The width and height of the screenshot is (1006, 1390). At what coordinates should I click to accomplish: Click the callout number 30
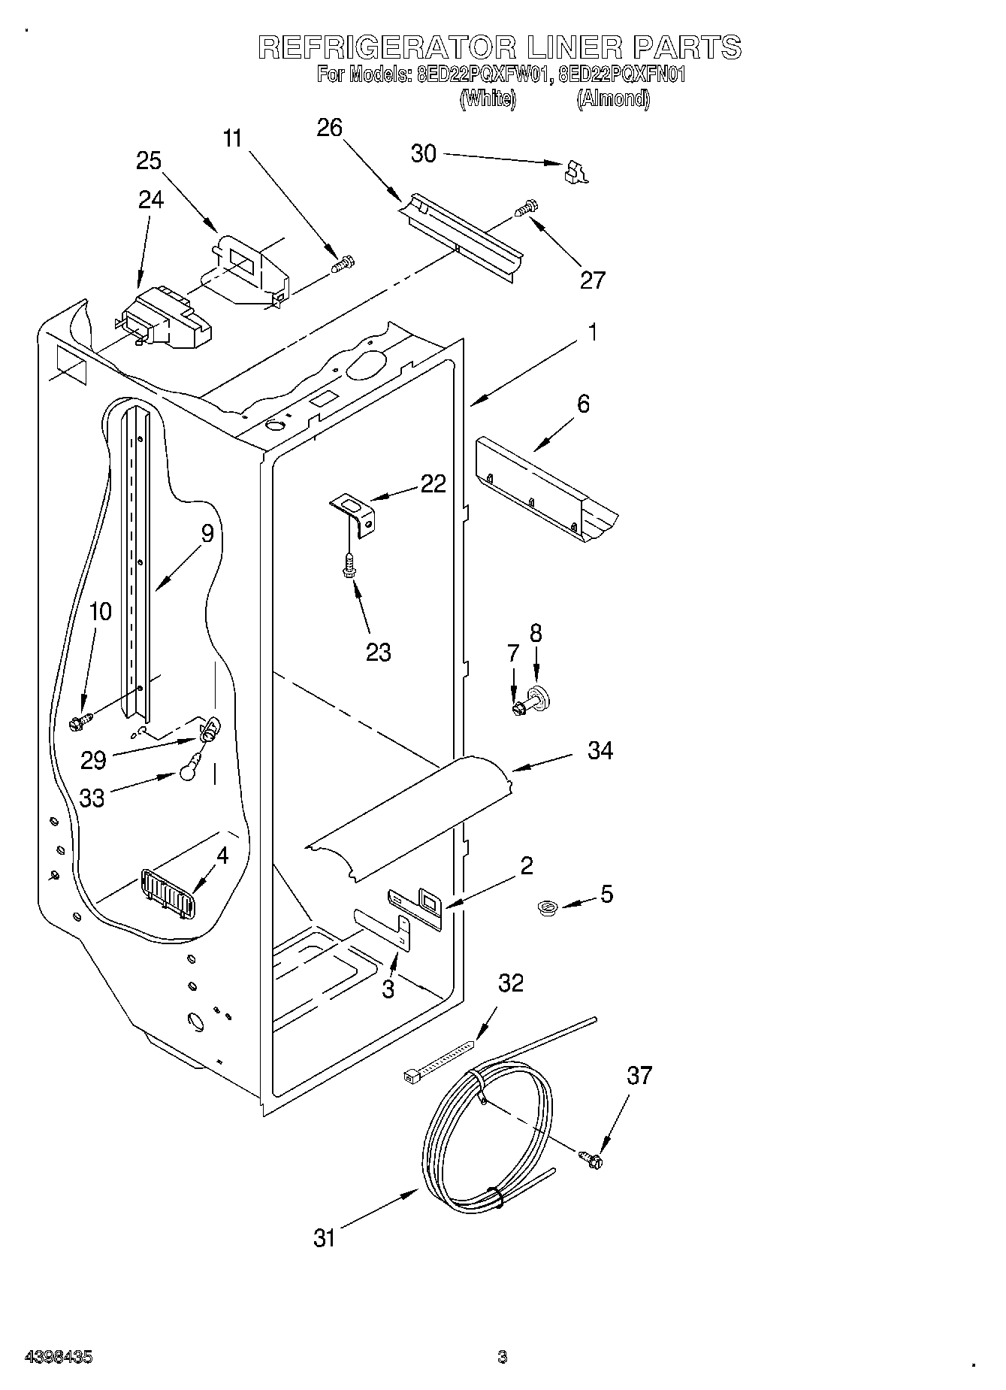tap(424, 153)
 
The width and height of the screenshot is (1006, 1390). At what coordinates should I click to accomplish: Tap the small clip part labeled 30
tap(576, 172)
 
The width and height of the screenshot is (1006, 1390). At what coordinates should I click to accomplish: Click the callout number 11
tap(234, 138)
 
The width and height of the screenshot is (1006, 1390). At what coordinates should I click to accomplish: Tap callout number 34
tap(600, 750)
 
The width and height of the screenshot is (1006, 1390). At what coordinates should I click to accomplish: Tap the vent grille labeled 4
tap(167, 892)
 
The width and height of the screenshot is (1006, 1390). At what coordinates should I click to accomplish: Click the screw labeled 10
tap(79, 722)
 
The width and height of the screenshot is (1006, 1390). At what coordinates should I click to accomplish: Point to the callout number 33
tap(92, 798)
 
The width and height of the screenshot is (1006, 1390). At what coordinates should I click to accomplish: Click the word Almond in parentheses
tap(613, 98)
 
